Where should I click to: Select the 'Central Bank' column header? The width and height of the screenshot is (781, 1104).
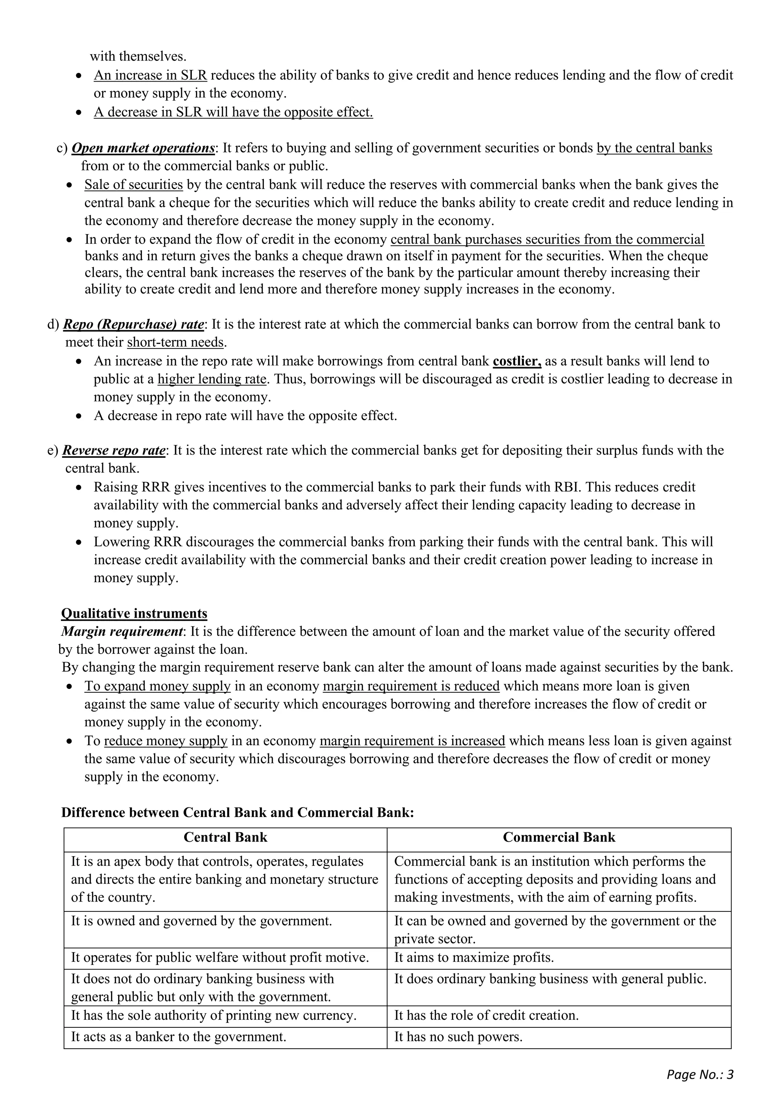(225, 838)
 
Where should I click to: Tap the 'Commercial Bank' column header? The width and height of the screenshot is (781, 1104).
(559, 838)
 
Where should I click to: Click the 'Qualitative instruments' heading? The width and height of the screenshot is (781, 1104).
(134, 613)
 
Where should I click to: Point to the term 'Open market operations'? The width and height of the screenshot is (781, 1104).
(143, 148)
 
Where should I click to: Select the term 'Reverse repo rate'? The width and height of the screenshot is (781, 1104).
(114, 451)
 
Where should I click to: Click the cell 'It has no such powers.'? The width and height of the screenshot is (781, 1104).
(458, 1037)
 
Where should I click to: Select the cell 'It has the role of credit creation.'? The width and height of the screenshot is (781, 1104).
(486, 1015)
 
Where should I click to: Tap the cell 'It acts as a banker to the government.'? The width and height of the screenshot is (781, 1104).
(178, 1037)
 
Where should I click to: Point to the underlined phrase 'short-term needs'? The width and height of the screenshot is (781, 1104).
(175, 342)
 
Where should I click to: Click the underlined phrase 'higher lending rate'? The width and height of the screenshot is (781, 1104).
(212, 379)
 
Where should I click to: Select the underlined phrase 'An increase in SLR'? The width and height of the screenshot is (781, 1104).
(150, 75)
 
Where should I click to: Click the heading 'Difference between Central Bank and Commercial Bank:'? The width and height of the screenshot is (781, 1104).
(238, 813)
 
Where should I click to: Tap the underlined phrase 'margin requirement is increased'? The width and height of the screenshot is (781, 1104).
(412, 741)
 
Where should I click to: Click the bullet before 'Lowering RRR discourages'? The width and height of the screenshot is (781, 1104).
(80, 543)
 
